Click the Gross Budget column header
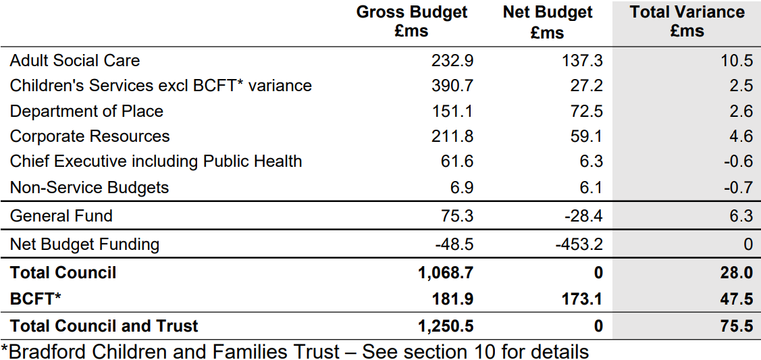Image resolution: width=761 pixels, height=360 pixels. (412, 22)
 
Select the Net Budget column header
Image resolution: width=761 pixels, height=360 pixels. (548, 22)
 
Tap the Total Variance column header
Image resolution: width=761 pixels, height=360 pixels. (687, 22)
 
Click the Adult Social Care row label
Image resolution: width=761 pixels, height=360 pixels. (75, 60)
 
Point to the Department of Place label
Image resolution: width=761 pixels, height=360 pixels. (86, 111)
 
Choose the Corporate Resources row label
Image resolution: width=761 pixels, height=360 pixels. (90, 136)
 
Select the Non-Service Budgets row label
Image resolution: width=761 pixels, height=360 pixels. (89, 187)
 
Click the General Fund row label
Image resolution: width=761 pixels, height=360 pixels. (61, 215)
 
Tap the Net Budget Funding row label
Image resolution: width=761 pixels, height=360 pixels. (84, 244)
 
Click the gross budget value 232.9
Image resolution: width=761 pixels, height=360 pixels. (452, 61)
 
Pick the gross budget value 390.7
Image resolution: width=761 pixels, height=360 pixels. (452, 86)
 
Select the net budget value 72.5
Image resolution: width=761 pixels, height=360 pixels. (586, 111)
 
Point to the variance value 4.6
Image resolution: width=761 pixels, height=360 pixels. (741, 136)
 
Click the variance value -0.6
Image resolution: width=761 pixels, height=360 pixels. (738, 161)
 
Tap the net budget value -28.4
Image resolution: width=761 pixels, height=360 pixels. (583, 215)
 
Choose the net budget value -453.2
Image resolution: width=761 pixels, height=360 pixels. (579, 244)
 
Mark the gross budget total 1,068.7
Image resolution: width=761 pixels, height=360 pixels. (446, 273)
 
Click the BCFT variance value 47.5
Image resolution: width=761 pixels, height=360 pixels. (737, 299)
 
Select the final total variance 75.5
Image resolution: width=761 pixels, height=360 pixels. (737, 326)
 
